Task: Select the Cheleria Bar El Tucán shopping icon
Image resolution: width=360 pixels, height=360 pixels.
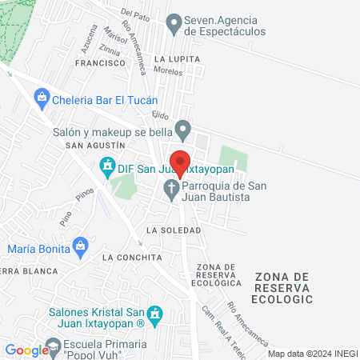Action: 42,100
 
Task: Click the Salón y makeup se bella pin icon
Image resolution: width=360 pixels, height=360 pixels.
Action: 183,128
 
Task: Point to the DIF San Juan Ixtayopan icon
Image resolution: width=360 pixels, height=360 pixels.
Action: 106,167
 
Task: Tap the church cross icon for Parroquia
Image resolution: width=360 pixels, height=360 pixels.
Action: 170,190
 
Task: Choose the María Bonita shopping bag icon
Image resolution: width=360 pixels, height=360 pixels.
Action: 79,246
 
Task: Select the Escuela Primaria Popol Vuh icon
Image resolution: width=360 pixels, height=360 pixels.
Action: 54,347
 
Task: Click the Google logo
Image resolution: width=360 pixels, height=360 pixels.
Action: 26,350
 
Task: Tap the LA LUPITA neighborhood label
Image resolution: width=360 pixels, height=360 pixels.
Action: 176,59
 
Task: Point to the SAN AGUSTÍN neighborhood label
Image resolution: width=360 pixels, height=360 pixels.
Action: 95,146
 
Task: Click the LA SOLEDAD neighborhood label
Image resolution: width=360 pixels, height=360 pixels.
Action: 174,230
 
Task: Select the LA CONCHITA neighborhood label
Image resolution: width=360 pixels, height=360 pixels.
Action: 132,258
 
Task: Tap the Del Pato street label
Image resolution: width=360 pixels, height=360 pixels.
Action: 136,13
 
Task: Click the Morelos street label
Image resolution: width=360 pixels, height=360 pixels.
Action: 168,70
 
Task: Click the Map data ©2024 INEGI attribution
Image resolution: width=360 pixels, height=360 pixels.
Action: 313,354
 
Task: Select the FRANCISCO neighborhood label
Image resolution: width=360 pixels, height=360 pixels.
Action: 100,62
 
